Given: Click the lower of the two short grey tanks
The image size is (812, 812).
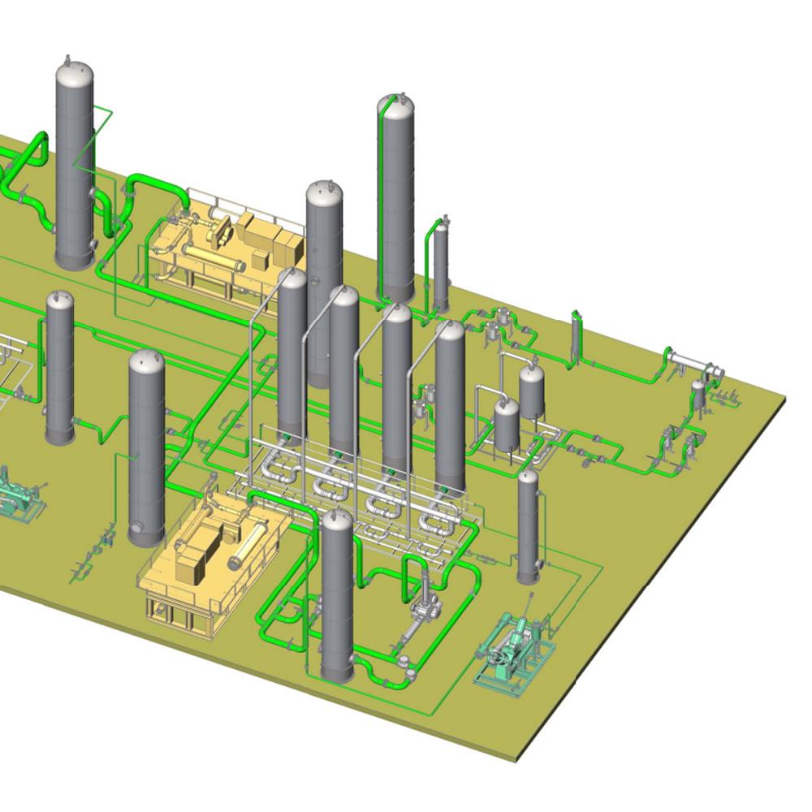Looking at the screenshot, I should point(507,424).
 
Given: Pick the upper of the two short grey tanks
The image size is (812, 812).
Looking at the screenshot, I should point(532,390).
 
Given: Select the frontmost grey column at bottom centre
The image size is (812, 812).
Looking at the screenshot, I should point(337,597).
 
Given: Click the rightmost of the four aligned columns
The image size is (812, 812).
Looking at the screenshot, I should point(450,406).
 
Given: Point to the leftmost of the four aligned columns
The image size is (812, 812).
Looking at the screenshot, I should point(292,349).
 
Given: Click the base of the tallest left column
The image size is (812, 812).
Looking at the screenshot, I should point(75,258).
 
